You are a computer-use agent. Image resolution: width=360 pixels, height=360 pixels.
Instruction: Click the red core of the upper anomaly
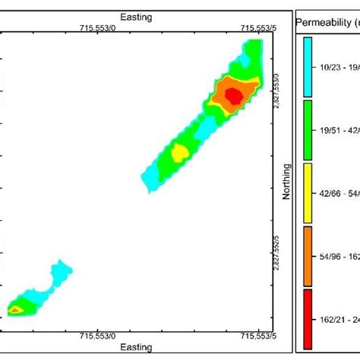(x=234, y=95)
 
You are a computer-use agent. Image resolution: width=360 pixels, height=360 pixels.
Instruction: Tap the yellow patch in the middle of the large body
(x=179, y=153)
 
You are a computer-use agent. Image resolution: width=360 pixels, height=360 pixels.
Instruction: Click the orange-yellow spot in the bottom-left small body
(x=16, y=309)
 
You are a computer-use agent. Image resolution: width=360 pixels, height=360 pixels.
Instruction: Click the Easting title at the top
(x=137, y=16)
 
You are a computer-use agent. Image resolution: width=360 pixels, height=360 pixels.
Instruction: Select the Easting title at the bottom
(x=137, y=347)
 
